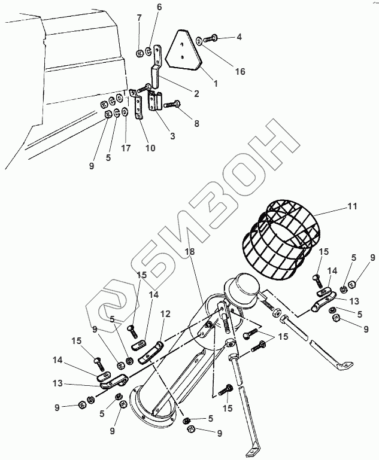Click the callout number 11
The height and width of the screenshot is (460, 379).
tap(352, 206)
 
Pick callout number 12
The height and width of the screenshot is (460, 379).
tap(166, 313)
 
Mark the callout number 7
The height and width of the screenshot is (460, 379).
tap(140, 17)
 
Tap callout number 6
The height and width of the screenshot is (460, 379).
tap(159, 7)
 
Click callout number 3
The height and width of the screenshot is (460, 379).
tap(172, 136)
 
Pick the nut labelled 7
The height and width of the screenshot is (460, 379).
tap(140, 53)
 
